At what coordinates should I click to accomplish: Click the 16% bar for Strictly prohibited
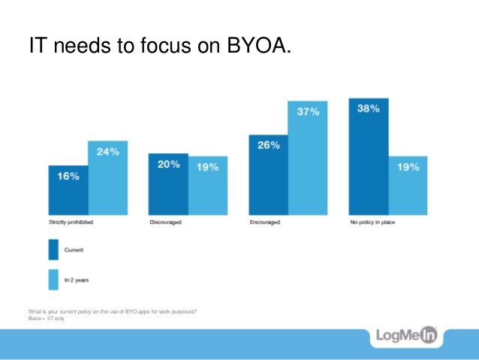(68, 191)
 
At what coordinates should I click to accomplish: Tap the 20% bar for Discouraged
(167, 185)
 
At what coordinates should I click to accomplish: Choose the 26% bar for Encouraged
(268, 176)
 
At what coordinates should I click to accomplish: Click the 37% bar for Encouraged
(308, 159)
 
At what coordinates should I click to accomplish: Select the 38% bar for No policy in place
(368, 157)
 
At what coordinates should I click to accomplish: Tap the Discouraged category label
(165, 223)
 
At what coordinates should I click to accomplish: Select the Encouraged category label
(266, 223)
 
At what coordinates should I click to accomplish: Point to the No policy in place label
(371, 223)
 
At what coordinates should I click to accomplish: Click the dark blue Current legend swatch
(53, 250)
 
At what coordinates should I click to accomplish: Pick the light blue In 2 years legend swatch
(53, 279)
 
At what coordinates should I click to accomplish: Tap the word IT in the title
(35, 47)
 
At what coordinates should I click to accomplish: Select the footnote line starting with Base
(46, 318)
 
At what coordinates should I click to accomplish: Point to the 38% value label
(368, 108)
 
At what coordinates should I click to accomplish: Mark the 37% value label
(308, 112)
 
